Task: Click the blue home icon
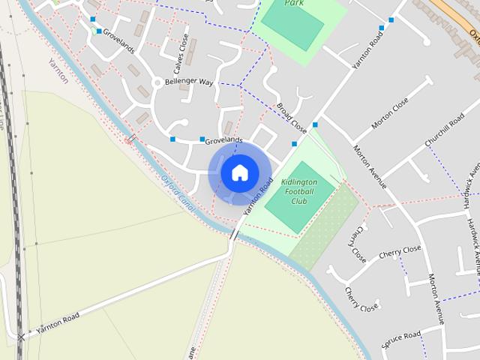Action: pyautogui.click(x=239, y=172)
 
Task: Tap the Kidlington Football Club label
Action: pyautogui.click(x=298, y=191)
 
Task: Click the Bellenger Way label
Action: pyautogui.click(x=189, y=82)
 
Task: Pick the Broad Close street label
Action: pyautogui.click(x=292, y=118)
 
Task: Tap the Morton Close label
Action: pyautogui.click(x=390, y=112)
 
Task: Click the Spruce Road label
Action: pyautogui.click(x=402, y=340)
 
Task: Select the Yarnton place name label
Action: pyautogui.click(x=58, y=70)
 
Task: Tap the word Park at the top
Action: pyautogui.click(x=294, y=3)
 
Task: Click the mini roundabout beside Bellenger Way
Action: pyautogui.click(x=156, y=82)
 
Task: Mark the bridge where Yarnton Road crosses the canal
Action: pyautogui.click(x=235, y=235)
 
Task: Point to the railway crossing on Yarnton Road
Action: pyautogui.click(x=21, y=336)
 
